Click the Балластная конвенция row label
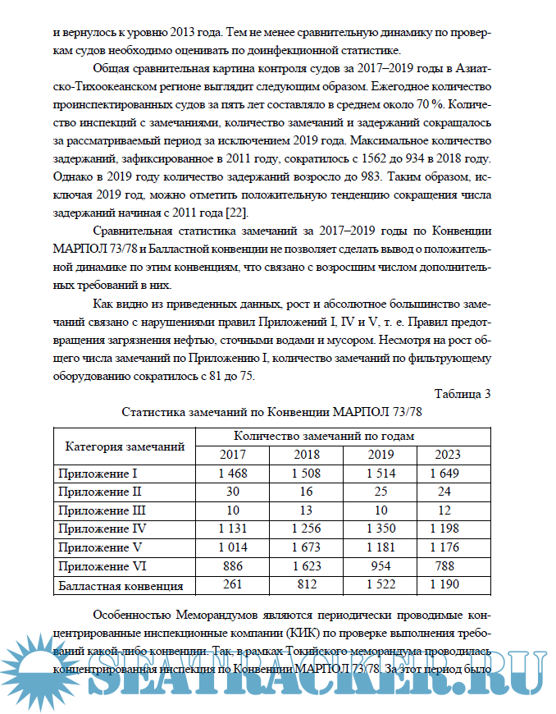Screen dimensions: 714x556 point(118,585)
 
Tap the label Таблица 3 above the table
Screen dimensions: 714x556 point(462,393)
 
